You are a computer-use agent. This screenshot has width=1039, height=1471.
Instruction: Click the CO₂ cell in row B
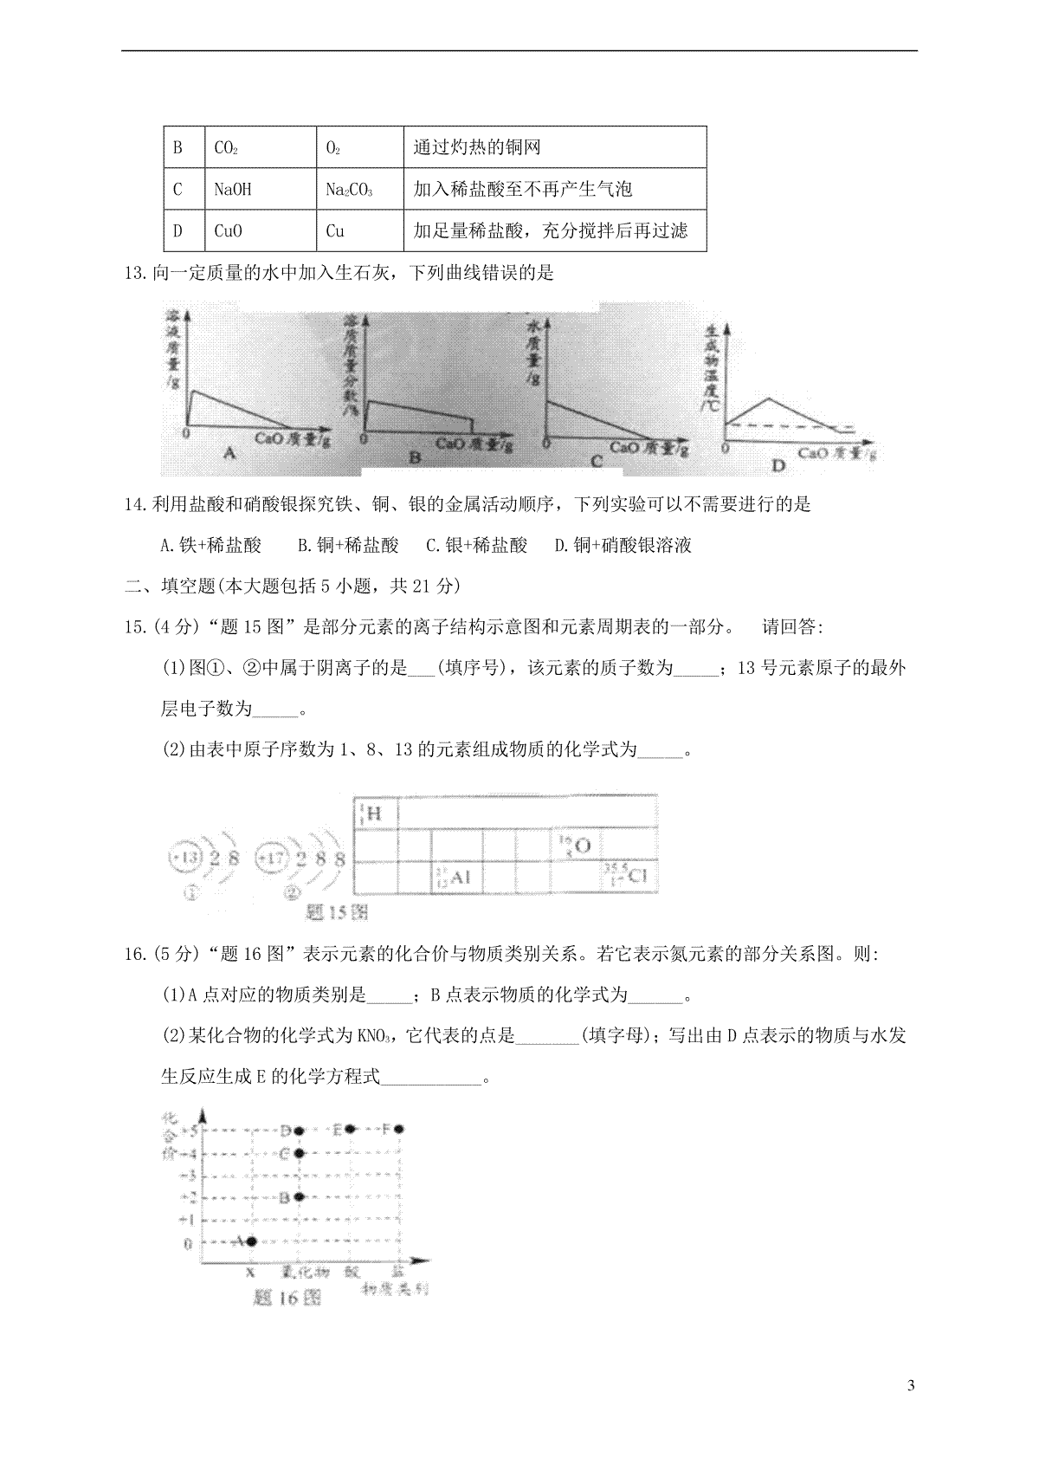pos(226,148)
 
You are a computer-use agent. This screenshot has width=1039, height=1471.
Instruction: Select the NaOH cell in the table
pos(232,189)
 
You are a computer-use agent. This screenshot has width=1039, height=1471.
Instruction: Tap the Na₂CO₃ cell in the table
pos(349,189)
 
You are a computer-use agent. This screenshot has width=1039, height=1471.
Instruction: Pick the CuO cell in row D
pos(229,230)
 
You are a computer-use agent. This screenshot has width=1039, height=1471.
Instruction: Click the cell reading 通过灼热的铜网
pos(477,148)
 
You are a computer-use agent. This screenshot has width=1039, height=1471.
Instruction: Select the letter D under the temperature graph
pos(778,466)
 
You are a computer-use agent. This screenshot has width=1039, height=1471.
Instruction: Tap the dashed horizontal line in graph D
pos(788,425)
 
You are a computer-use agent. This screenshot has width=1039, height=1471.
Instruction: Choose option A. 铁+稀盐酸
pos(211,545)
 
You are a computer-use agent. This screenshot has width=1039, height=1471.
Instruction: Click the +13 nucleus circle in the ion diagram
pos(185,859)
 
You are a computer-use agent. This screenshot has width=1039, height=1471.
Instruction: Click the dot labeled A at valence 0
pos(251,1241)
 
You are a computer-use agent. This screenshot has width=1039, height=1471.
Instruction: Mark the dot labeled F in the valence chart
pos(399,1129)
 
